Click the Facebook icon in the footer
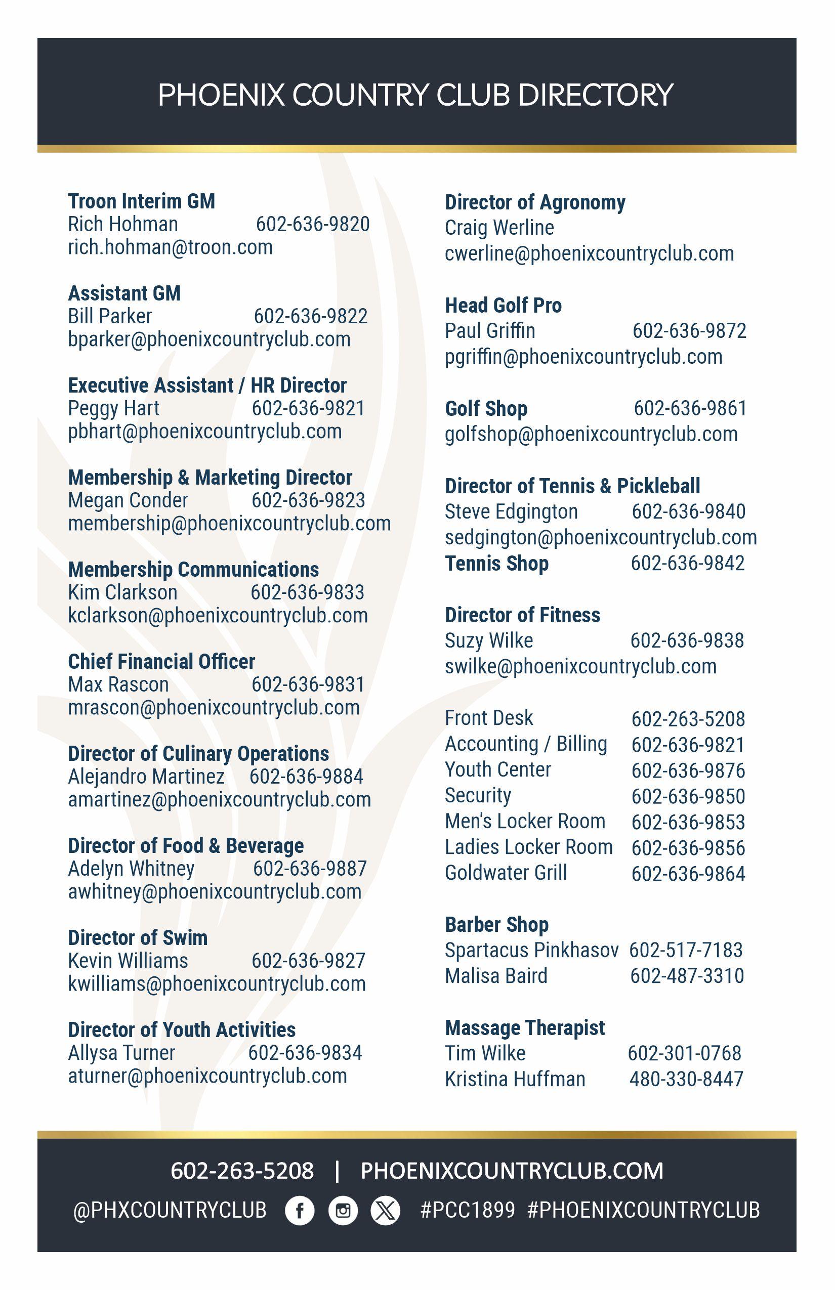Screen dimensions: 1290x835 pos(300,1210)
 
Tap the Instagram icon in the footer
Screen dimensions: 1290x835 pos(343,1210)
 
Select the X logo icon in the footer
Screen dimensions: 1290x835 pos(385,1210)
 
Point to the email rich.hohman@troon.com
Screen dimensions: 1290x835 pos(170,248)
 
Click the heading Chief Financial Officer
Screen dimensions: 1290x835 pos(161,662)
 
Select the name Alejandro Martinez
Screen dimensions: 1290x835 pos(146,777)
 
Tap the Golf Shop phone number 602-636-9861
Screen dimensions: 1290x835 pos(690,409)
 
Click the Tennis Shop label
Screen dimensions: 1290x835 pos(496,564)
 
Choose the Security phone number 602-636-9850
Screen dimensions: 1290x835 pos(688,796)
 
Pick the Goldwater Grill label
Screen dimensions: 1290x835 pos(506,873)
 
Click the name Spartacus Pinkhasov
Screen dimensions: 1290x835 pos(531,950)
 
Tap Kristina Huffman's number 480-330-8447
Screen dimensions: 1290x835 pos(686,1079)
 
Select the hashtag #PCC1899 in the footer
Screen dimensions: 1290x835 pos(468,1210)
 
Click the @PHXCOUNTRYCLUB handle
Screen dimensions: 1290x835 pos(170,1210)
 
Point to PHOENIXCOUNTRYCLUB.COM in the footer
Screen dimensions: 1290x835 pos(512,1171)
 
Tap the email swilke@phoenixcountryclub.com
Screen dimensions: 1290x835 pos(581,667)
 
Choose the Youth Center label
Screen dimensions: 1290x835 pos(498,769)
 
